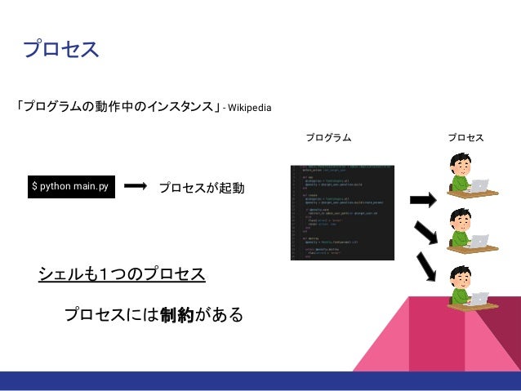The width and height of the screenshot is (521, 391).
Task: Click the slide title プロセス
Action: point(60,50)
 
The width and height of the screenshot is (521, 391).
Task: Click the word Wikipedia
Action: point(250,108)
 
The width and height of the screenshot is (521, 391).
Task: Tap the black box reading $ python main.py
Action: point(69,188)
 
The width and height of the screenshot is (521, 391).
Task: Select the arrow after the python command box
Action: point(139,188)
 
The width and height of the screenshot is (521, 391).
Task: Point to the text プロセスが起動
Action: point(202,189)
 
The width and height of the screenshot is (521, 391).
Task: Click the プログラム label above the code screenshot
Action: point(328,138)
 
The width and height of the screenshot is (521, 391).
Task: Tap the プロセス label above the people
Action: point(465,138)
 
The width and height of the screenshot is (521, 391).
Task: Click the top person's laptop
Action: point(479,186)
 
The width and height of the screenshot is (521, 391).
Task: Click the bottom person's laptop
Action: point(479,299)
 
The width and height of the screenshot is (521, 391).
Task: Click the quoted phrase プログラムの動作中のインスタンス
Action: point(119,107)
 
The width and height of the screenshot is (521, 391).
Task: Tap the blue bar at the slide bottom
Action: point(260,380)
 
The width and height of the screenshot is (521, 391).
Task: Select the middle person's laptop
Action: point(479,241)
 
